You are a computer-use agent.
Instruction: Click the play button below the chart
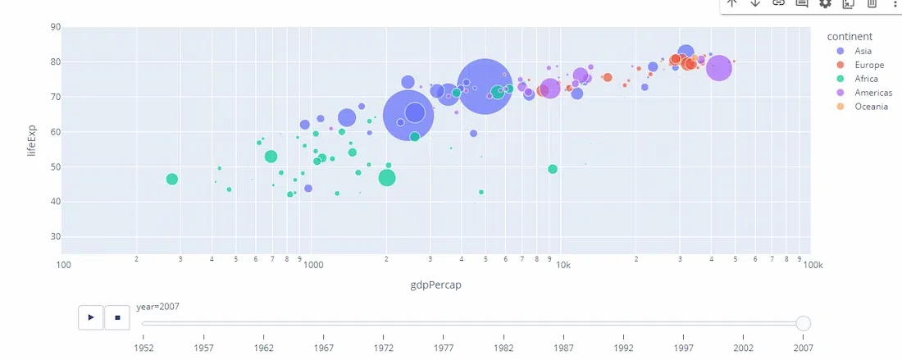click(90, 317)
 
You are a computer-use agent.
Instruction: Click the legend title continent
click(849, 36)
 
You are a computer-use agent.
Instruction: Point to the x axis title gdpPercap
click(435, 285)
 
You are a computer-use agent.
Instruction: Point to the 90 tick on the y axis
click(55, 27)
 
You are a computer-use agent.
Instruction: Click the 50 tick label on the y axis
click(55, 167)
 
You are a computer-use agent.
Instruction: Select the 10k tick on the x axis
click(563, 265)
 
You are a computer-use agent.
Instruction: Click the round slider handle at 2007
click(804, 323)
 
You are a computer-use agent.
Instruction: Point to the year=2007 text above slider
click(158, 307)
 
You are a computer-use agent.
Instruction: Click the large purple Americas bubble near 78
click(718, 68)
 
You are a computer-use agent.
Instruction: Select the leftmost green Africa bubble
click(171, 179)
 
